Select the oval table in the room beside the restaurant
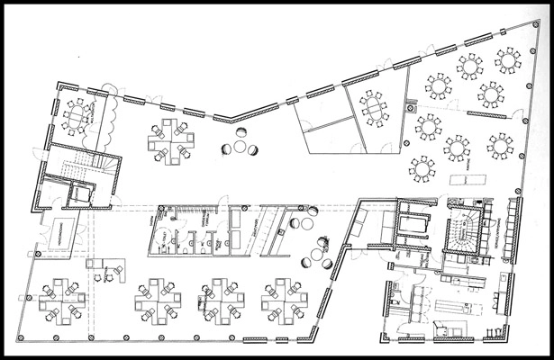(372, 110)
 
